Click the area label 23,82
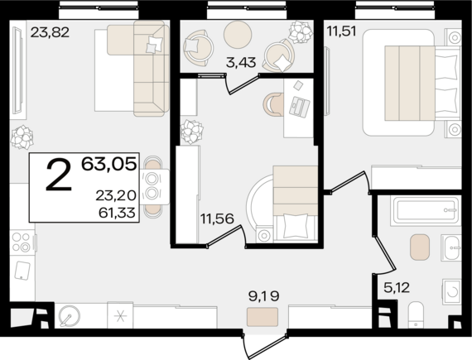coord(50,32)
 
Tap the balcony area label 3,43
coord(241,63)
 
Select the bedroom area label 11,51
coord(342,31)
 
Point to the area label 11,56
coord(217,218)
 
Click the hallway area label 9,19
coord(263,296)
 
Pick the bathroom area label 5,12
coord(397,288)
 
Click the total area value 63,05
coord(109,164)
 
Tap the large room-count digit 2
coord(59,175)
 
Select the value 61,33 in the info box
coord(117,213)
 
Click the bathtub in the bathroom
coord(426,210)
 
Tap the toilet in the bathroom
coord(416,314)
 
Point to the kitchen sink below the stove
coord(22,271)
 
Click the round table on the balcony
coord(238,34)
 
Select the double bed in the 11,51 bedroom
coord(412,83)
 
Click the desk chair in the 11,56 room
coord(273,104)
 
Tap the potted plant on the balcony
coord(301,31)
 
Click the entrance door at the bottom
coord(265,347)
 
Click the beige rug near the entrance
coord(262,317)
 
